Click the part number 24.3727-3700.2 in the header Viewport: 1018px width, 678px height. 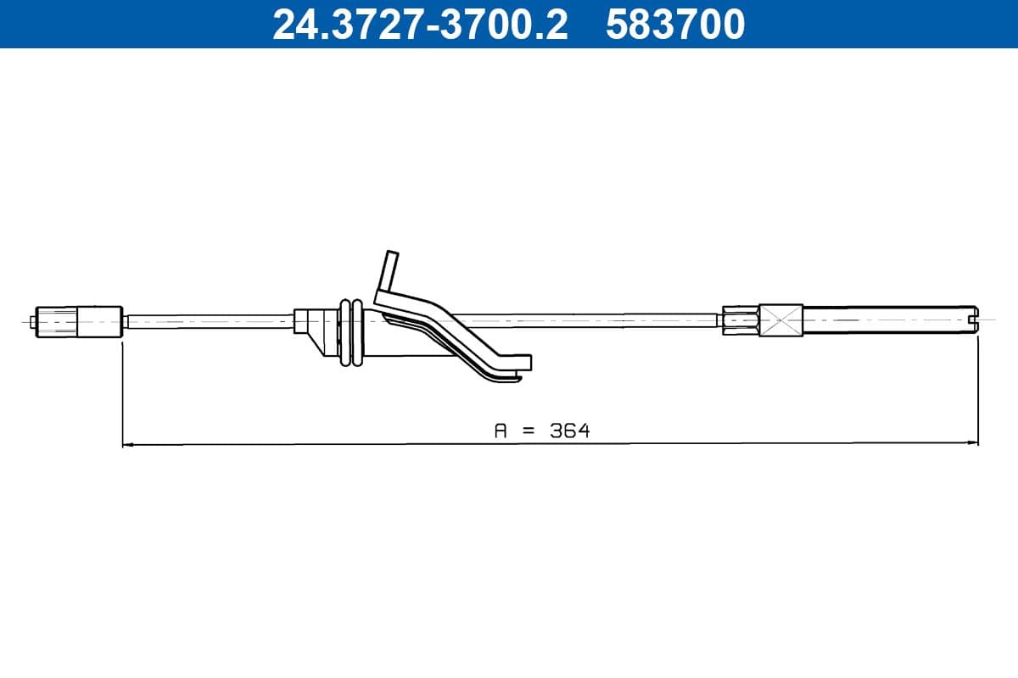[x=419, y=25]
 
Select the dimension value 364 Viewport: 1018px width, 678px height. [x=569, y=431]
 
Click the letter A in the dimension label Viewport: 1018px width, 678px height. [x=501, y=431]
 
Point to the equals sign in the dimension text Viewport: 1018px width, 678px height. [x=529, y=431]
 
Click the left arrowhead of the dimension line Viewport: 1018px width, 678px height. [x=128, y=442]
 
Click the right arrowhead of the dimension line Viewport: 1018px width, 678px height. [x=973, y=442]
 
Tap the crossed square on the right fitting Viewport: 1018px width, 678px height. [x=780, y=321]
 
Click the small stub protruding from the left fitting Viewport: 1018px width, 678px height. [x=32, y=321]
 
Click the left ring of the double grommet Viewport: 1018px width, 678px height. [x=344, y=332]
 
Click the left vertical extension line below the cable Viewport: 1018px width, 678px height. [x=123, y=390]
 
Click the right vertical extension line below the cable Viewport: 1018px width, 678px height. [x=978, y=390]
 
